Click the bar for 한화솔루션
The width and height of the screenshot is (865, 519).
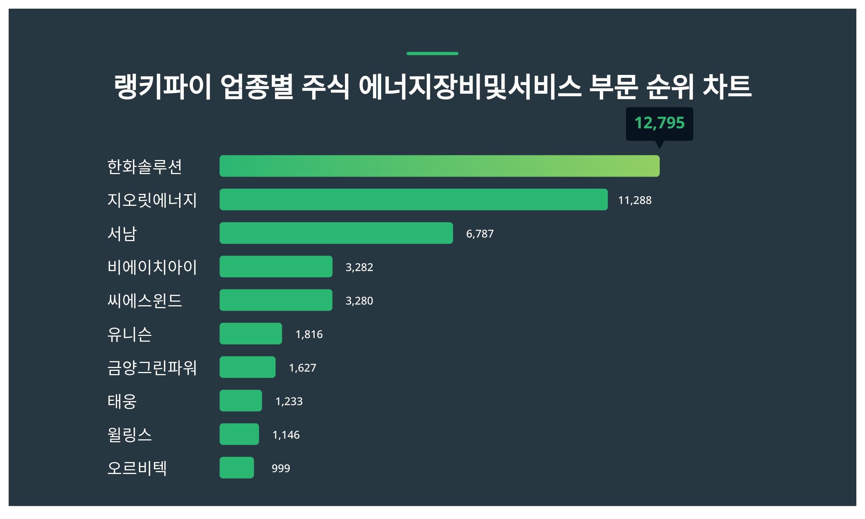(439, 166)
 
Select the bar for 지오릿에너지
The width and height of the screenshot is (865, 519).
(413, 200)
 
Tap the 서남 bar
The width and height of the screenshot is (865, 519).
(336, 233)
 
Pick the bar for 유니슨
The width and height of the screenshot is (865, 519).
(250, 334)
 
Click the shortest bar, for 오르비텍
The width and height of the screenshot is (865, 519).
(236, 468)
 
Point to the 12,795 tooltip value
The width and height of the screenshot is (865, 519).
(659, 123)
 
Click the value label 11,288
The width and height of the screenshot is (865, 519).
(635, 200)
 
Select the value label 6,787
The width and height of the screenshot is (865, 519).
(480, 234)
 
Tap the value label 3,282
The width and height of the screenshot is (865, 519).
(359, 267)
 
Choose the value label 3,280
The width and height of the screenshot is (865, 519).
(359, 301)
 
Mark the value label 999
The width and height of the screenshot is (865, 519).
(281, 469)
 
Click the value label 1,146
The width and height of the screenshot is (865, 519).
(286, 435)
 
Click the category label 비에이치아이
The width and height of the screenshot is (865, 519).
(152, 267)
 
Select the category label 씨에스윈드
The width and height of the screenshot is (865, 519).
(145, 301)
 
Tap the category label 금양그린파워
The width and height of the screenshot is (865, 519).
(152, 368)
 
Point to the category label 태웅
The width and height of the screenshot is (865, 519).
(122, 401)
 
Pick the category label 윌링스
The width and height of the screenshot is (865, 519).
(130, 435)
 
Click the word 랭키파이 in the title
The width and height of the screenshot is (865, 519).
(163, 87)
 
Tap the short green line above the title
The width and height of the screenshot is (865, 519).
(432, 54)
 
